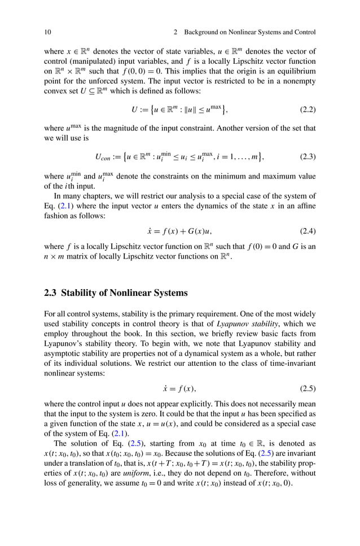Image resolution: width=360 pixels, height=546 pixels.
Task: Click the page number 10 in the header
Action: (47, 32)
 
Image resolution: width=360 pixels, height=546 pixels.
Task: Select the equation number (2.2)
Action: (305, 110)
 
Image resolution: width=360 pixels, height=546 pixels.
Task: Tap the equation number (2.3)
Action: (305, 156)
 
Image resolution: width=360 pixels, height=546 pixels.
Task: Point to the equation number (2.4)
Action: (305, 231)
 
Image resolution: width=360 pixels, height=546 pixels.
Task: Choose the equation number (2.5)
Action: (305, 389)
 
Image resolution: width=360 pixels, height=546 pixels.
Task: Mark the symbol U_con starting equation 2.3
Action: (103, 156)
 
